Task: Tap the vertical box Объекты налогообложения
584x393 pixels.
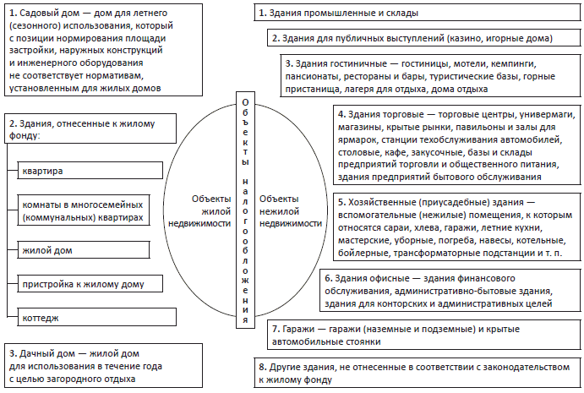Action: (245, 210)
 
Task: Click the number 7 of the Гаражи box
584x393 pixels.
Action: (275, 327)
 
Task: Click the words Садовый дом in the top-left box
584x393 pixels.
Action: (49, 14)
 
